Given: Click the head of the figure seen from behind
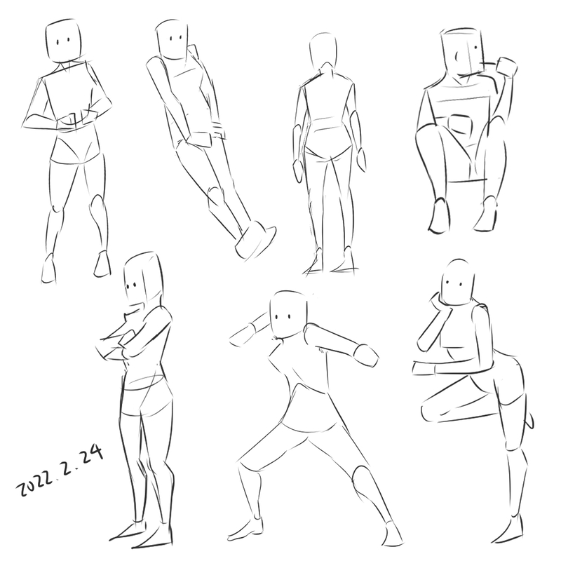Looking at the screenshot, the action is click(x=323, y=51).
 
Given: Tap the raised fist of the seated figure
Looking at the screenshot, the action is click(x=506, y=67).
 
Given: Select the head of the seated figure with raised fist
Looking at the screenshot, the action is click(x=462, y=56).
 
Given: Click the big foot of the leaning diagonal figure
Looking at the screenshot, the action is click(x=256, y=240).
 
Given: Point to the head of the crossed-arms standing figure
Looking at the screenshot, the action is click(x=142, y=279).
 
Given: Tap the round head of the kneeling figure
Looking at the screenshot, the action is click(x=458, y=282).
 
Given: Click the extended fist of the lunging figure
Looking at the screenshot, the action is click(x=365, y=356).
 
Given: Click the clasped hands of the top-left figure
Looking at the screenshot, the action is click(x=76, y=120).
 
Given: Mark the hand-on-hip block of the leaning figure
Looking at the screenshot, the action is click(x=201, y=140).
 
